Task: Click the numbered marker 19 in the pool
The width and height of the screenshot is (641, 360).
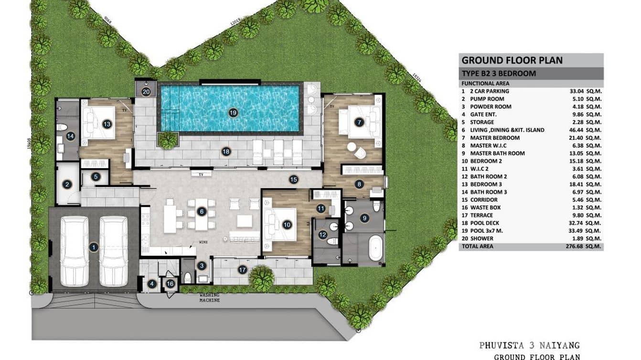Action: click(x=233, y=113)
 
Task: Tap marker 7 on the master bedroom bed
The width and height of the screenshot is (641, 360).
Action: click(x=359, y=122)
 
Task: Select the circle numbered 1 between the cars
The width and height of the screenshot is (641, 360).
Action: click(x=94, y=247)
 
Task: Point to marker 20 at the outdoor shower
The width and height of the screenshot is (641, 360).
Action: click(x=146, y=92)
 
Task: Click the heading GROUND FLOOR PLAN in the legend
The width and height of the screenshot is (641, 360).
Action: click(x=512, y=61)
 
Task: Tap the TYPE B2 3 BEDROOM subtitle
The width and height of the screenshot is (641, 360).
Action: click(x=498, y=74)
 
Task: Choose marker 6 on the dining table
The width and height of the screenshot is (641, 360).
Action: click(x=202, y=211)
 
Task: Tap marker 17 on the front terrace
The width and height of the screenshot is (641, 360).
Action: click(x=243, y=270)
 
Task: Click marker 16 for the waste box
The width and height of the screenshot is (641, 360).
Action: click(x=171, y=283)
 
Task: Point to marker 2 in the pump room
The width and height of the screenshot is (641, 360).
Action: click(x=67, y=184)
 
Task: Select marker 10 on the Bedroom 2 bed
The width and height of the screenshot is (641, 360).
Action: click(x=287, y=224)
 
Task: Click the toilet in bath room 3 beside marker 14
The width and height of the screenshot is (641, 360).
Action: click(x=60, y=127)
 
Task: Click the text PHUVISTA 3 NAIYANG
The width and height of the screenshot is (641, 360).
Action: click(x=529, y=345)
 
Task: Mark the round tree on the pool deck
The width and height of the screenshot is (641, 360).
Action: click(x=167, y=140)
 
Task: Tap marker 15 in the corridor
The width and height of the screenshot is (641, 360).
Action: click(x=293, y=180)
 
